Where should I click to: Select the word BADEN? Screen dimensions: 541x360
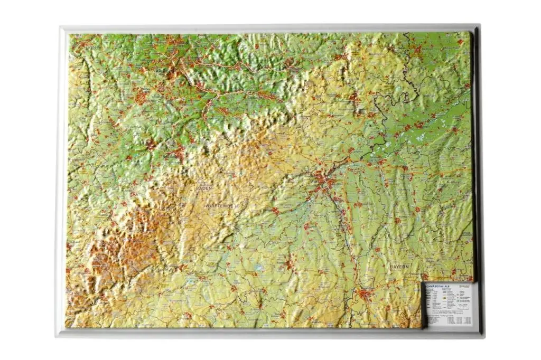[206, 187]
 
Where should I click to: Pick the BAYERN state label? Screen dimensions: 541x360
[399, 267]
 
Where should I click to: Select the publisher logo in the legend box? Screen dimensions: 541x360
[465, 286]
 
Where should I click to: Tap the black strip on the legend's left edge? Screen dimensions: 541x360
[424, 306]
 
